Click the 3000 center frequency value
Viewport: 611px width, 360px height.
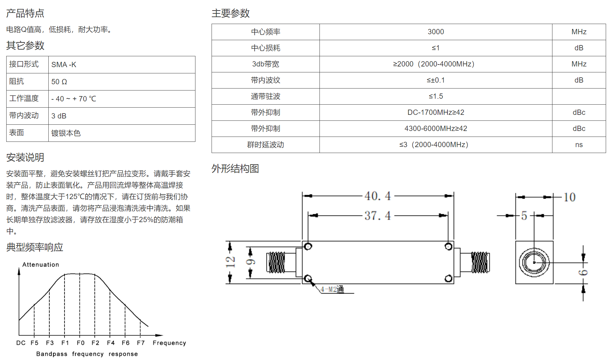click(436, 32)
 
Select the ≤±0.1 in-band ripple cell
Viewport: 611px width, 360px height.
click(436, 80)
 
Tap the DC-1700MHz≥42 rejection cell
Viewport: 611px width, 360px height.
click(436, 112)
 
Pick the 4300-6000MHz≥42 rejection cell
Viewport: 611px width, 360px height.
click(436, 128)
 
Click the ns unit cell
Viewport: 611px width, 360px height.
click(579, 145)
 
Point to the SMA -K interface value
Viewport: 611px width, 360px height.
click(64, 64)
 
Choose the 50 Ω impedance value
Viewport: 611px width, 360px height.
click(59, 82)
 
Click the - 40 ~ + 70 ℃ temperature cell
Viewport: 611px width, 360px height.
click(74, 99)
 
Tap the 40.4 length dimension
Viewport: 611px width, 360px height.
click(378, 196)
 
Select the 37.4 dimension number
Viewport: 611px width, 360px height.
click(378, 216)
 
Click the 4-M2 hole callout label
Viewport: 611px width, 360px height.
click(332, 289)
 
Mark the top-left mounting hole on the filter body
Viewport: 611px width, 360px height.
click(308, 246)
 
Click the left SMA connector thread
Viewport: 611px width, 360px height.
click(277, 262)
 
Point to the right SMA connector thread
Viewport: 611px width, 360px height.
click(480, 262)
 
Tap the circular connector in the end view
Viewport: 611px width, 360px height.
click(534, 262)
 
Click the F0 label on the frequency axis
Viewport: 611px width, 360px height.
click(81, 343)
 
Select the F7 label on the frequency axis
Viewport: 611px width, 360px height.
click(141, 343)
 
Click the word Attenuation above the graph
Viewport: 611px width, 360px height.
click(41, 265)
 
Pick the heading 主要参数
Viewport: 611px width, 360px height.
click(231, 13)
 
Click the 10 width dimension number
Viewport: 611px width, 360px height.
click(570, 197)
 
